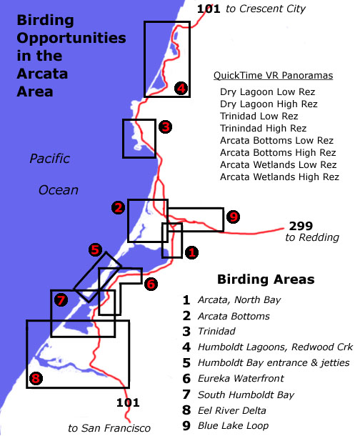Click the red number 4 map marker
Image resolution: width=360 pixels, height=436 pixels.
(x=181, y=88)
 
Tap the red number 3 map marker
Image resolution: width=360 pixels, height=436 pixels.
(x=165, y=127)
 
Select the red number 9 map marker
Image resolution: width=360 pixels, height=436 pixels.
(x=233, y=217)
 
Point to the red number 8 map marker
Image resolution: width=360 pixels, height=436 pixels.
(x=36, y=378)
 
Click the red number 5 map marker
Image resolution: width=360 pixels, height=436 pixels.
(x=95, y=249)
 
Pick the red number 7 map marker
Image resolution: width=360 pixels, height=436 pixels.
(x=61, y=300)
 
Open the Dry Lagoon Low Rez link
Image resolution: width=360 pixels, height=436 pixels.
(x=267, y=91)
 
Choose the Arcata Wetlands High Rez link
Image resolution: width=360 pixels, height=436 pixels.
(x=279, y=177)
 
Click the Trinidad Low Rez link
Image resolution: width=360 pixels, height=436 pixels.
(x=259, y=116)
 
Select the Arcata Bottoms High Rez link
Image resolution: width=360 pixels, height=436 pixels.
(x=278, y=152)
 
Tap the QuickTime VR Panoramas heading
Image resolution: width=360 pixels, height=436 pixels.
(x=273, y=75)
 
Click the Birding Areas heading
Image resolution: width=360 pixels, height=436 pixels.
(x=266, y=279)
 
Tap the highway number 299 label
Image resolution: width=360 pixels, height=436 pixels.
(x=301, y=226)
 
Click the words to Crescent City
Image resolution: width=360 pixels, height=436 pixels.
(x=266, y=9)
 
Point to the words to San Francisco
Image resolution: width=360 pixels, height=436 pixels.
(x=109, y=428)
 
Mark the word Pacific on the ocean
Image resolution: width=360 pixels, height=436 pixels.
(x=49, y=159)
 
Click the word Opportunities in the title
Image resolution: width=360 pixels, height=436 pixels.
(x=71, y=39)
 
